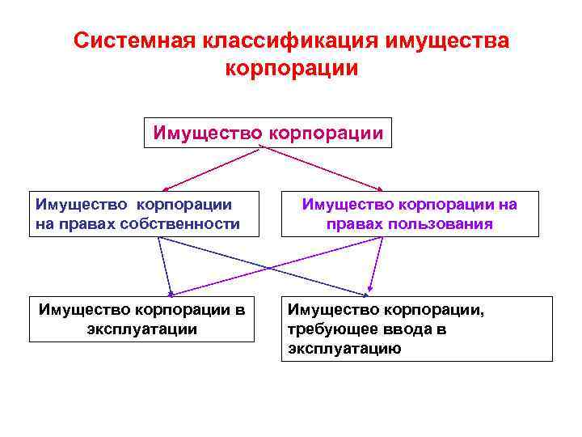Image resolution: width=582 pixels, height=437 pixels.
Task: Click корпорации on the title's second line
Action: [291, 67]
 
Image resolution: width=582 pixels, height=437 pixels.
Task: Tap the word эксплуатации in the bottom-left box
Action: [141, 329]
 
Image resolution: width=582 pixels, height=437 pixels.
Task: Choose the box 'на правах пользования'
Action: [410, 214]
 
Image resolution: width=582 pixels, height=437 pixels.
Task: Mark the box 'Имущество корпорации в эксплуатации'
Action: [141, 319]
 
